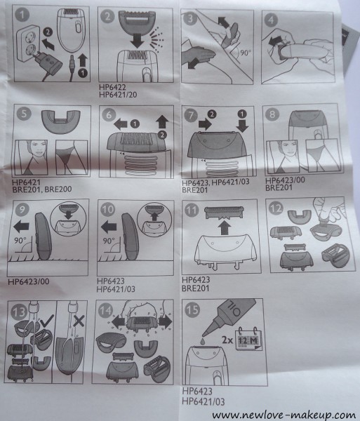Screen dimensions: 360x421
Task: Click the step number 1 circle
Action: (22, 14)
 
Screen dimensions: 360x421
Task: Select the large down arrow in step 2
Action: (137, 40)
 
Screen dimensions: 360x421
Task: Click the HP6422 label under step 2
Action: (112, 87)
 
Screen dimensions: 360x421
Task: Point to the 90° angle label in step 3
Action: (245, 53)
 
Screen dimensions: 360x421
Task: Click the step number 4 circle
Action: (271, 20)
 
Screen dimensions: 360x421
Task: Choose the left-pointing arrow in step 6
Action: (120, 124)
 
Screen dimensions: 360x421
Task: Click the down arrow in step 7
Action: (242, 125)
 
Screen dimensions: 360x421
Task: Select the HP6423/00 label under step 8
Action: (285, 180)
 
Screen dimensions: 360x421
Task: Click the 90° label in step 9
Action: (20, 240)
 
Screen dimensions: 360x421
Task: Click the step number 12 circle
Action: (276, 208)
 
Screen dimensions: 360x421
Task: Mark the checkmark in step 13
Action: (47, 321)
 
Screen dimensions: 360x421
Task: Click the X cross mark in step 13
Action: (79, 321)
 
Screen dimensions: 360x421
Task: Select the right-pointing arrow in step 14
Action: (165, 321)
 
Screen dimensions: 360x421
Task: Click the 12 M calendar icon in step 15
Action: (248, 340)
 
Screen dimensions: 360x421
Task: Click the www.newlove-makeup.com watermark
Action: (285, 415)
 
